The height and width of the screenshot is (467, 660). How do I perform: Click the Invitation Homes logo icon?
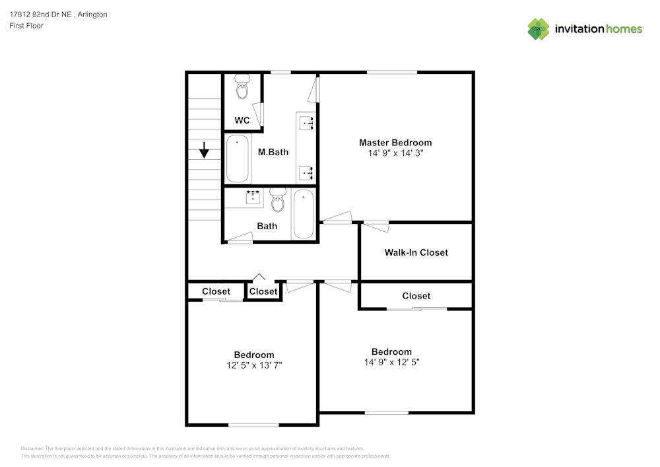[539, 29]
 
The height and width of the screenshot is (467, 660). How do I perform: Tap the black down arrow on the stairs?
[204, 150]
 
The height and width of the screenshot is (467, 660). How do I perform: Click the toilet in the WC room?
[242, 86]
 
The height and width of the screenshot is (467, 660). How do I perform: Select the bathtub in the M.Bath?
[238, 159]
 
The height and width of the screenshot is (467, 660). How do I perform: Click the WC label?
[242, 120]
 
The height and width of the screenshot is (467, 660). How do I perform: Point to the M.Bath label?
[273, 152]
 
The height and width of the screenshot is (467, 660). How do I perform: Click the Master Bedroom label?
[395, 142]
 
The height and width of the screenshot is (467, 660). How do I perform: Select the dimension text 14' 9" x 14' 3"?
[395, 153]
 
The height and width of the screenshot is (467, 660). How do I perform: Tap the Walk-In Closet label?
[416, 252]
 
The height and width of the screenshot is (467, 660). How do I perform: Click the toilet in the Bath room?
[277, 200]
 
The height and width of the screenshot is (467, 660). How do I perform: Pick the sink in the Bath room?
[253, 197]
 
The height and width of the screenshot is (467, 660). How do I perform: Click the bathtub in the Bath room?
[304, 213]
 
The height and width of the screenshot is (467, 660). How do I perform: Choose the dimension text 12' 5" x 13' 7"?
[254, 365]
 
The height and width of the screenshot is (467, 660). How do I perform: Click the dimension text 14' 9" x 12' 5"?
[391, 362]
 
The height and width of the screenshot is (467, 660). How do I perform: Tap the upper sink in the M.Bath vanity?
[306, 122]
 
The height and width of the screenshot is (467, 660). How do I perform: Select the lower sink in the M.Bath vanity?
[306, 172]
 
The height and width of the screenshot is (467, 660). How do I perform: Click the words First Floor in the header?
[26, 26]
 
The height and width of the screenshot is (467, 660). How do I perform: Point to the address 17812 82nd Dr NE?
[41, 14]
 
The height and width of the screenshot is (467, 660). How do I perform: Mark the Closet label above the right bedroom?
[416, 296]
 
